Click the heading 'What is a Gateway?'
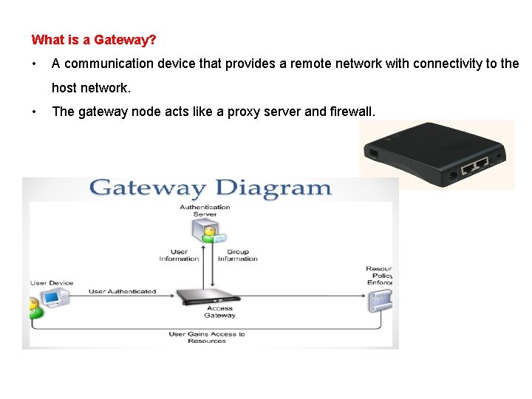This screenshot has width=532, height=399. click(94, 39)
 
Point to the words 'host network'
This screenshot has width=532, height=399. click(90, 88)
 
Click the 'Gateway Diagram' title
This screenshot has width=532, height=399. click(211, 188)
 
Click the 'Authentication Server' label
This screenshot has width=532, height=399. click(205, 211)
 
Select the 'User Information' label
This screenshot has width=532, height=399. click(179, 255)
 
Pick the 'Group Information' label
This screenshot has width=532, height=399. click(237, 255)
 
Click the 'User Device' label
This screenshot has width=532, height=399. click(52, 283)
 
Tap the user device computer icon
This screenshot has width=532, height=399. click(53, 298)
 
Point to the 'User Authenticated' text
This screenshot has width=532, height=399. click(122, 291)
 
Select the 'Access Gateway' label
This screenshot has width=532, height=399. click(219, 312)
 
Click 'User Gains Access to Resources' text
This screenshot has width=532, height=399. click(207, 338)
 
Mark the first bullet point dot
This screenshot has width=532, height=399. click(35, 64)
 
